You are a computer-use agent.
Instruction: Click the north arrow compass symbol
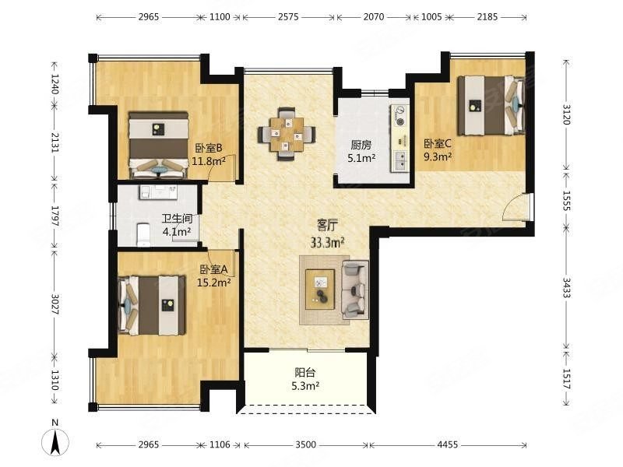coord(55,441)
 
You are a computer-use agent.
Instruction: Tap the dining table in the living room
coord(287,134)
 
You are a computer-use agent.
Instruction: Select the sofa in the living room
coord(355,290)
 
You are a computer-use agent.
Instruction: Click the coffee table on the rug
coord(320,289)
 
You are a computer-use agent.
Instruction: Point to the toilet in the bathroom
coord(143,234)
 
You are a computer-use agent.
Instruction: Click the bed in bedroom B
coord(159,146)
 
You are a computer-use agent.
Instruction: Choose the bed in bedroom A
coord(152,305)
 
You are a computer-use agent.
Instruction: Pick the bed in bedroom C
coord(491,106)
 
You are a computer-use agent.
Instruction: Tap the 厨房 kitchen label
coord(361,145)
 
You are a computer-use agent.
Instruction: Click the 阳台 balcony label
coord(305,373)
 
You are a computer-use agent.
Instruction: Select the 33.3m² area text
coord(327,242)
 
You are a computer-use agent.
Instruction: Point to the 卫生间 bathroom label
coord(178,219)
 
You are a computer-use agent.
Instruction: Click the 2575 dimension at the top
coord(288,17)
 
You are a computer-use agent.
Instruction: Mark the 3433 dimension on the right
coord(566,287)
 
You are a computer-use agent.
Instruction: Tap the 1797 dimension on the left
coord(55,216)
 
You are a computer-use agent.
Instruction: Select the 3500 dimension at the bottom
coord(305,444)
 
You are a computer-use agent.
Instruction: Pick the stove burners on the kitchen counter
coord(400,115)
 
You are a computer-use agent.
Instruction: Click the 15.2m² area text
coord(214,283)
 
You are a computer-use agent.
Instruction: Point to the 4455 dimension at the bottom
coord(447,444)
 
